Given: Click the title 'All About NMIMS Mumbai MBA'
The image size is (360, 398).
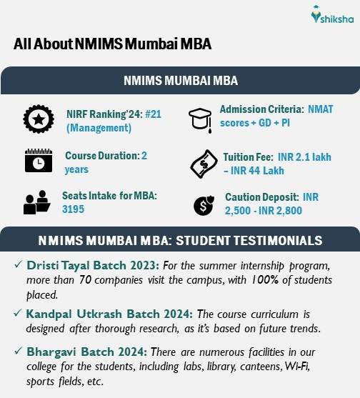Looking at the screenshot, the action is tap(113, 44).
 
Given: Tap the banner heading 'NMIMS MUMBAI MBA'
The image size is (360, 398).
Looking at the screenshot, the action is tap(180, 80).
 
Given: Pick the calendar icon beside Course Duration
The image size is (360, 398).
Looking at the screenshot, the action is tap(39, 161).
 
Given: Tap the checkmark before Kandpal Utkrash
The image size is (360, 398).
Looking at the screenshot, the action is tap(17, 313).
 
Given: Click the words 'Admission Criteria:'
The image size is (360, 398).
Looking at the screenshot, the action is tap(259, 109).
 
